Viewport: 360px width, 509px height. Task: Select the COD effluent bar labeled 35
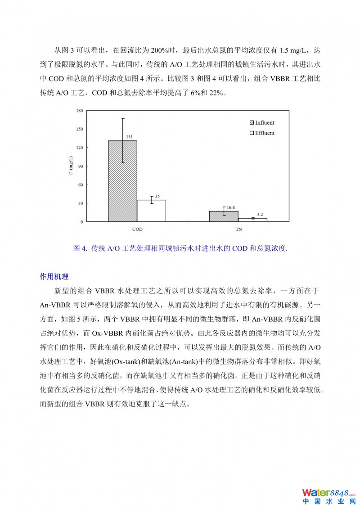(152, 211)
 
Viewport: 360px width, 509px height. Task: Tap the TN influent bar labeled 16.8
(224, 216)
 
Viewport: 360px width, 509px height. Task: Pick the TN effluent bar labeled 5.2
(252, 220)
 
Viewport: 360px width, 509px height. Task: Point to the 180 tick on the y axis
(80, 110)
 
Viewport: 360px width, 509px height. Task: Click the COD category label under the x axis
(137, 230)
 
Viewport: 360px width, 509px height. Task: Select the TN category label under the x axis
(238, 230)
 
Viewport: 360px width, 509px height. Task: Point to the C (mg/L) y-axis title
(71, 166)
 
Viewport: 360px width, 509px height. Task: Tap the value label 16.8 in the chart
(231, 207)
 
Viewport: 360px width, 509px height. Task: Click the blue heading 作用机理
(54, 276)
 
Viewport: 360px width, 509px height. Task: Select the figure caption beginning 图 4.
(180, 248)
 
